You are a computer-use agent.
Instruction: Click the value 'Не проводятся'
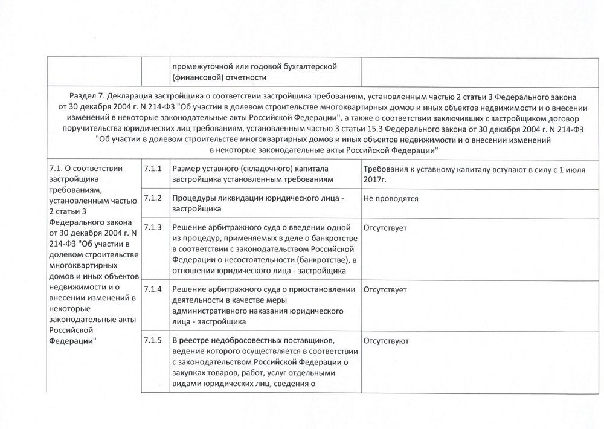[x=391, y=198]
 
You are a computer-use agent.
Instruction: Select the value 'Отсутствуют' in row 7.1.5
[x=387, y=341]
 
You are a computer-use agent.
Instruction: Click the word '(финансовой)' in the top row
[x=198, y=77]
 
